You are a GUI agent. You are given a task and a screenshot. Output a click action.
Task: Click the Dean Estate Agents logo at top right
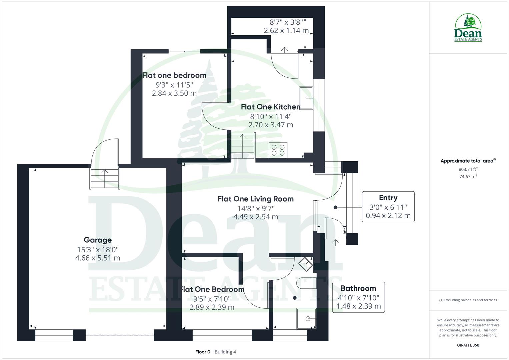(x=468, y=28)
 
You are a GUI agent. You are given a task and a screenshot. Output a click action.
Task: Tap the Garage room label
(x=98, y=240)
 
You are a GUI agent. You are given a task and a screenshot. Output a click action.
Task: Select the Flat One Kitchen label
(x=270, y=107)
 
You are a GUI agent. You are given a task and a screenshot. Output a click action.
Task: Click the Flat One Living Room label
(x=255, y=199)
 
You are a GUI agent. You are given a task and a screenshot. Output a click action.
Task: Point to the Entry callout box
(x=388, y=207)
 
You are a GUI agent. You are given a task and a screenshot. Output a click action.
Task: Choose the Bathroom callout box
(x=358, y=297)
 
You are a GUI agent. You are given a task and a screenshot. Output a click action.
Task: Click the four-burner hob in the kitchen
(x=278, y=150)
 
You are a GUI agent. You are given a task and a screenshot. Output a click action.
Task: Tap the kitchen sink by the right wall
(x=306, y=98)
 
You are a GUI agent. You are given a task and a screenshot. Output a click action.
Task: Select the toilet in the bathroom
(x=305, y=283)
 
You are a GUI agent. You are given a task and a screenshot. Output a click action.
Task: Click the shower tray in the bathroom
(x=306, y=319)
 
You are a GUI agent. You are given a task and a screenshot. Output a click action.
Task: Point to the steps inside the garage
(x=105, y=179)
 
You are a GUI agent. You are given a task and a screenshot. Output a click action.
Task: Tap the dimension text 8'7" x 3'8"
(x=286, y=22)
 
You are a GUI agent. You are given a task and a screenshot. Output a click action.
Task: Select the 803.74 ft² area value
(x=468, y=169)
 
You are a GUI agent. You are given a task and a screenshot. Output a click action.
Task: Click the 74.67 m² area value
(x=468, y=177)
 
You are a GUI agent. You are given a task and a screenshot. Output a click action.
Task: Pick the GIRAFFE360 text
(x=468, y=345)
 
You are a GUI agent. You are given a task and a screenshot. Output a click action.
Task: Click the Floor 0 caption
(x=203, y=352)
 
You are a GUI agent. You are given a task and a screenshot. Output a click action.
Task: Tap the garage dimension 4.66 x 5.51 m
(x=98, y=258)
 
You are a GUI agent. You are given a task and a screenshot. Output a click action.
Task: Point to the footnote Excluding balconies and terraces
(x=468, y=300)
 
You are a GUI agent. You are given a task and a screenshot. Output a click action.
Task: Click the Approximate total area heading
(x=468, y=161)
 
